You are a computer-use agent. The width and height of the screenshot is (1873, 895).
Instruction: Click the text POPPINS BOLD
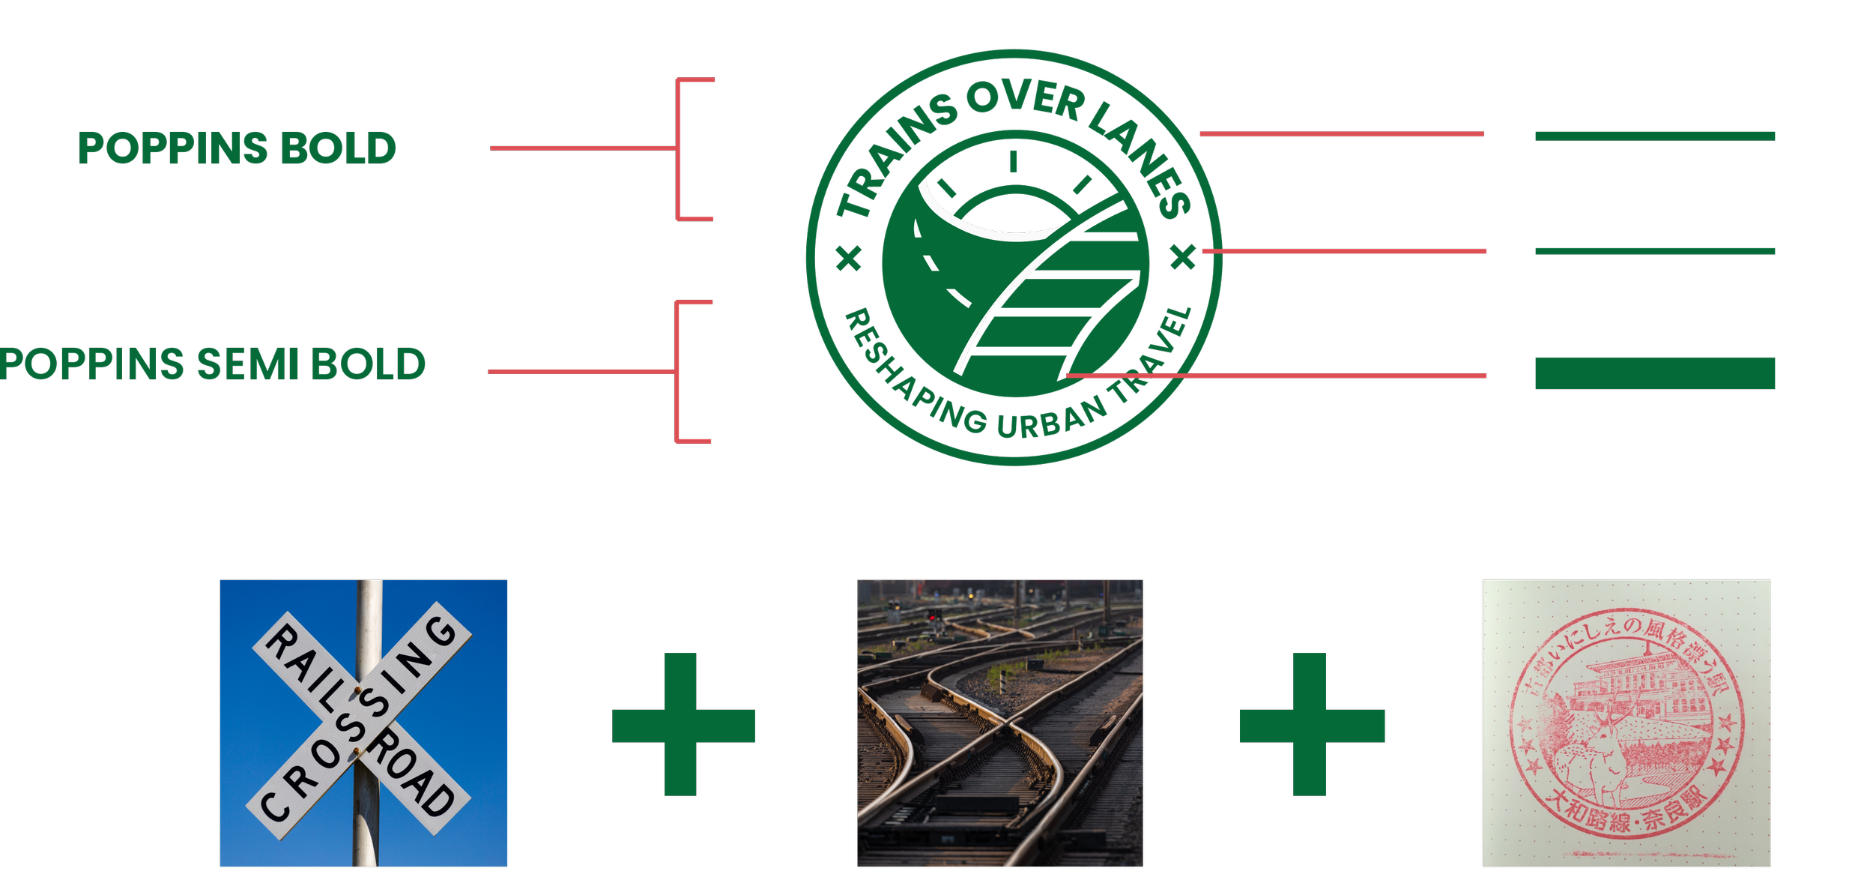(x=237, y=148)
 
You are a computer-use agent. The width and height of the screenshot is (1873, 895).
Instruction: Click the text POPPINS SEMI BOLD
(x=212, y=365)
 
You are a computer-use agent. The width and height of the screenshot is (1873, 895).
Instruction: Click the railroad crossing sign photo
(x=364, y=723)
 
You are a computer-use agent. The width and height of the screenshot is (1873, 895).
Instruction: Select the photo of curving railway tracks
(x=1000, y=723)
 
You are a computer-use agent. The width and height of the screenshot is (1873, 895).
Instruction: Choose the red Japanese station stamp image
(x=1627, y=723)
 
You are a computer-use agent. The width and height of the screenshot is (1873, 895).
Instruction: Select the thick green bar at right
(x=1655, y=373)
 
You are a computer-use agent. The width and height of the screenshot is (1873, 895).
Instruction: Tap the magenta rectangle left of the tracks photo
(x=776, y=770)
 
